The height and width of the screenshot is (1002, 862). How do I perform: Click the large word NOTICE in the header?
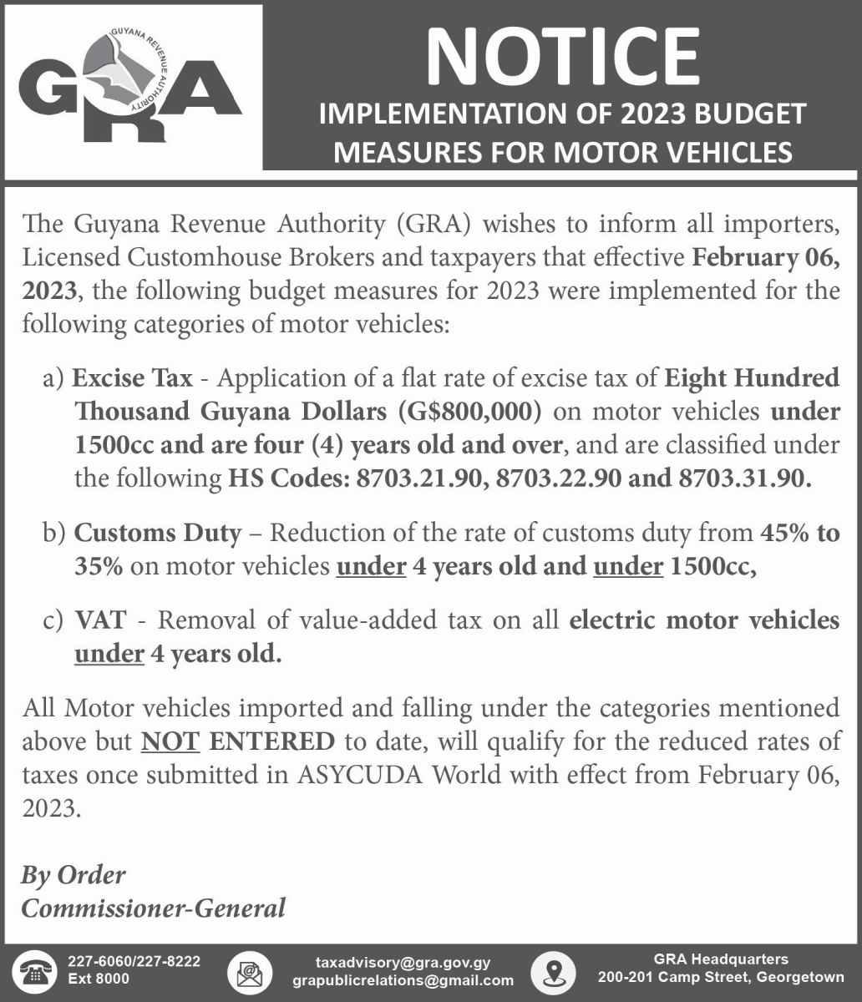coord(561,54)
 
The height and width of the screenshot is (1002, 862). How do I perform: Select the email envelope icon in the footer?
coord(248,971)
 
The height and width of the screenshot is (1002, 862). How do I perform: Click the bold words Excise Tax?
coord(132,378)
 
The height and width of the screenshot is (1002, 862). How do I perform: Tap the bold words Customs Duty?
coord(158,532)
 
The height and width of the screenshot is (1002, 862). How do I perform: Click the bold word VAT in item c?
coord(100,620)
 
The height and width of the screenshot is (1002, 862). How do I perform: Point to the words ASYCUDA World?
coord(399,775)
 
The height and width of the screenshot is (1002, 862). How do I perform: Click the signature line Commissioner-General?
coord(153,908)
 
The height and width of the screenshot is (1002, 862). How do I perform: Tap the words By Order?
coord(74,875)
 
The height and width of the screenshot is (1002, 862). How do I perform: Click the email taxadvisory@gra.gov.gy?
coord(403,962)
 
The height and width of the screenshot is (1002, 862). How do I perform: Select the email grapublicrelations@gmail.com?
coord(403,980)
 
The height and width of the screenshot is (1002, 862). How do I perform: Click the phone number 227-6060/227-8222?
coord(134,962)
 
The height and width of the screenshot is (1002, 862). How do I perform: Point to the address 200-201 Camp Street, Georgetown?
coord(721,978)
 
